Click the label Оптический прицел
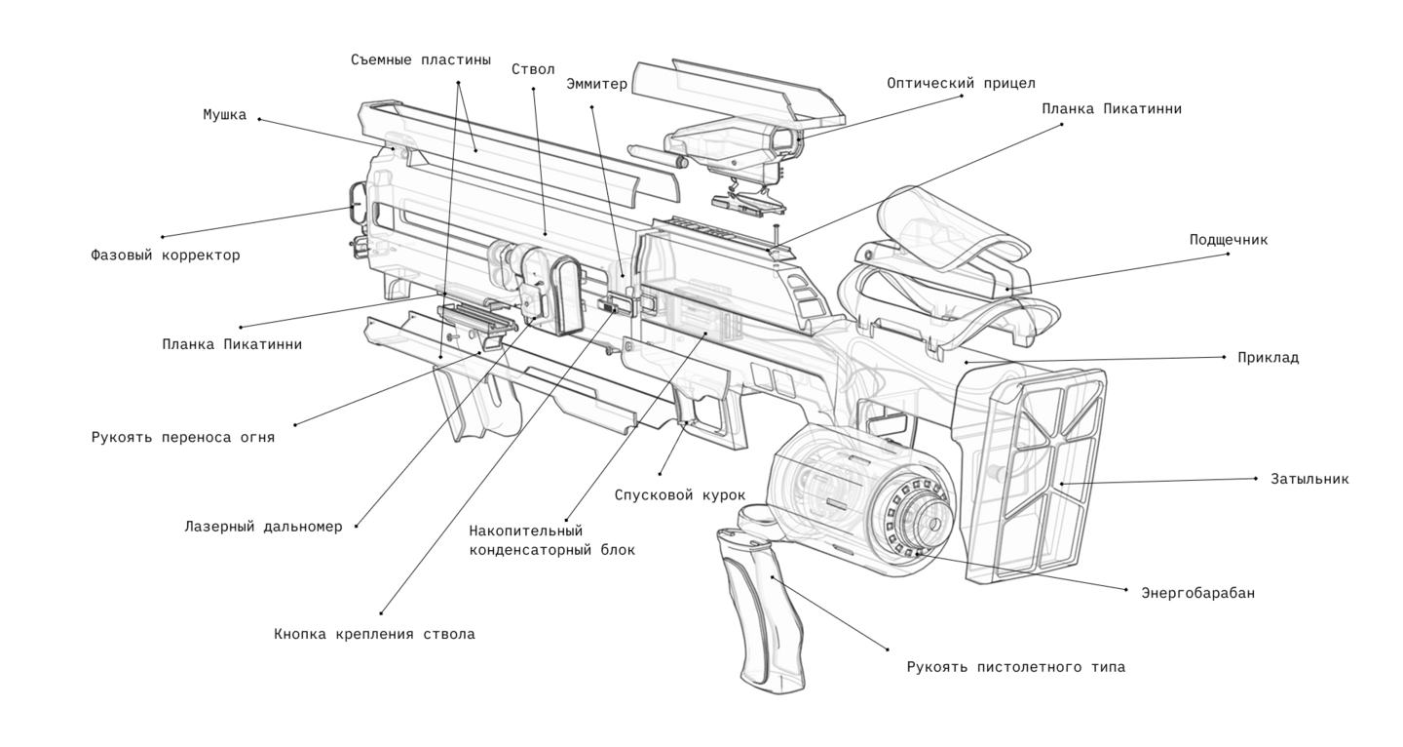(x=961, y=84)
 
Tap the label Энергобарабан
(x=1197, y=592)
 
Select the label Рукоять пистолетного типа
(x=1015, y=667)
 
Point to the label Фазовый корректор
(x=165, y=256)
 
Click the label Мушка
(x=224, y=115)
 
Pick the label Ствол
(x=533, y=69)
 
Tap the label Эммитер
(x=597, y=84)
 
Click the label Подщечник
(x=1228, y=239)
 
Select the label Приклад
(x=1268, y=358)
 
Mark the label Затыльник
(x=1309, y=479)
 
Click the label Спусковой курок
(x=680, y=495)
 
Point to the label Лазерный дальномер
(x=263, y=527)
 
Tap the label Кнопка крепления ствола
(x=374, y=634)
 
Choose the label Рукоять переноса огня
(x=183, y=437)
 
